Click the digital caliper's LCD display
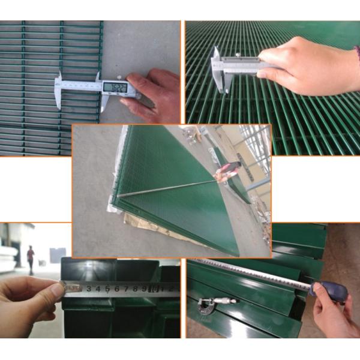[x=114, y=87]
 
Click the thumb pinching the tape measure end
[x=53, y=290]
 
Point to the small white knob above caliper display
[x=120, y=77]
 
